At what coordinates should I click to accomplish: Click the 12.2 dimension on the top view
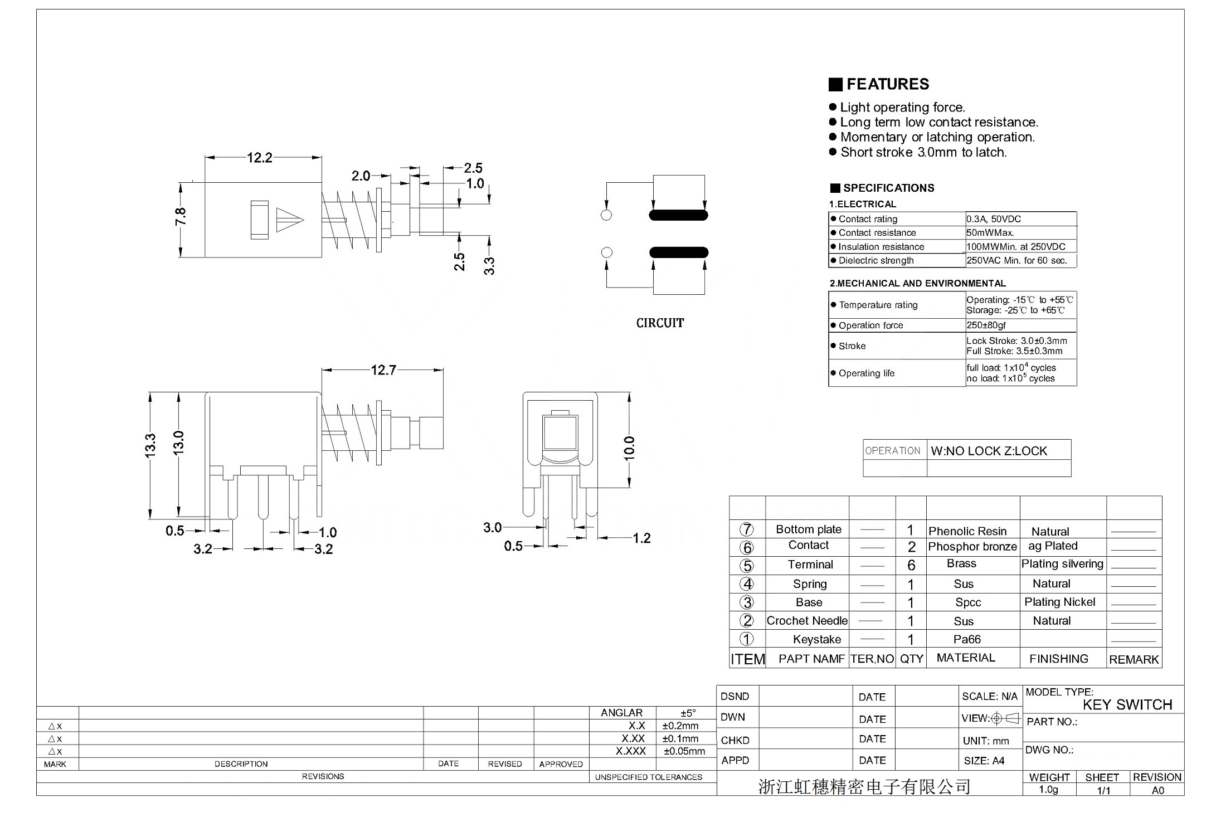coord(260,158)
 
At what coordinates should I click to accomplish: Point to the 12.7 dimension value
coord(383,370)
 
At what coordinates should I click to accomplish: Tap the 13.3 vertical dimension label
coord(150,446)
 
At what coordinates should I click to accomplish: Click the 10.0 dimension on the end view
coord(629,448)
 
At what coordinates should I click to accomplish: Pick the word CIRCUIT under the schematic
coord(660,323)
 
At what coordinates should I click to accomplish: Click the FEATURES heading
coord(887,84)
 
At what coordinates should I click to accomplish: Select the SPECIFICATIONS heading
coord(888,188)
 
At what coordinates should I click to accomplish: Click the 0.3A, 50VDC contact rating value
coord(994,219)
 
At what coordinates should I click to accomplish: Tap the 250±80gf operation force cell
coord(986,325)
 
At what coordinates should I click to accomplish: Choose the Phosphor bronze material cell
coord(972,547)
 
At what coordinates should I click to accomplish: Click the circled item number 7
coord(746,529)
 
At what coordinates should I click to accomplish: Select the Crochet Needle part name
coord(807,621)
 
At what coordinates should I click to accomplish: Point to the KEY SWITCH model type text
coord(1127,705)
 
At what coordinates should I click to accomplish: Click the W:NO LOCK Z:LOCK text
coord(989,451)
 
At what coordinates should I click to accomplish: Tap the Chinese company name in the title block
coord(864,786)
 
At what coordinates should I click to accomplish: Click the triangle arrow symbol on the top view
coord(290,220)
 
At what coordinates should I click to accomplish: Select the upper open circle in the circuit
coord(606,215)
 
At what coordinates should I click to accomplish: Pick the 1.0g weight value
coord(1048,790)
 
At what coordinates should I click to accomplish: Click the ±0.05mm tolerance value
coord(684,751)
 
